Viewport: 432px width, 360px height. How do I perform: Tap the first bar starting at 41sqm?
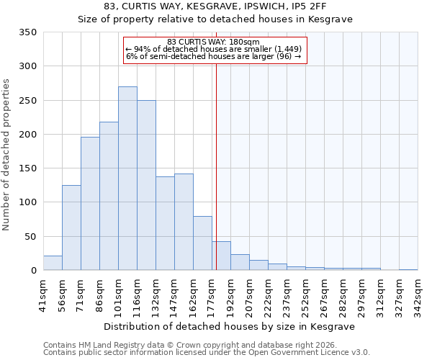(53, 263)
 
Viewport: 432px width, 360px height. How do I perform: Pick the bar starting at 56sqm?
(71, 228)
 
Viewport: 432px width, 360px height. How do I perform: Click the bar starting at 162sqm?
(202, 243)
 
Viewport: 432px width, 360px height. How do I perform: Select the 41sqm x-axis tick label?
(43, 294)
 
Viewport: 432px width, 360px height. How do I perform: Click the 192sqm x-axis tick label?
(230, 294)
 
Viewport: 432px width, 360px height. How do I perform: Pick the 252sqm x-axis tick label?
(305, 294)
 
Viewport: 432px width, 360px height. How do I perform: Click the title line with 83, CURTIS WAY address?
(215, 6)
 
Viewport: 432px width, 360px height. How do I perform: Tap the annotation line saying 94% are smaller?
(214, 48)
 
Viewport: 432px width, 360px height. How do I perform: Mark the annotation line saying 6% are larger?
(214, 55)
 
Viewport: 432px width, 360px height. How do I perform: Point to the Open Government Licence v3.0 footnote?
(207, 352)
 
